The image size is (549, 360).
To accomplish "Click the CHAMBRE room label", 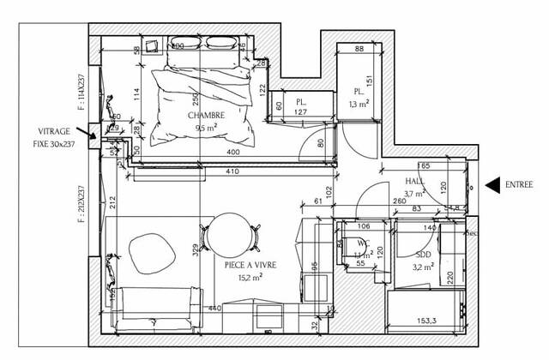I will [209, 116].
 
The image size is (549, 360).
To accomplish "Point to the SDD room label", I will [424, 256].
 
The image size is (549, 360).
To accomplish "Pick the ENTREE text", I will [520, 184].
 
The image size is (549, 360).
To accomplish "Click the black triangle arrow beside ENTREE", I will [492, 184].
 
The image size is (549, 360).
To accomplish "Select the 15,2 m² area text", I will [250, 278].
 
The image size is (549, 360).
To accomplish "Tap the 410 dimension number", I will [232, 171].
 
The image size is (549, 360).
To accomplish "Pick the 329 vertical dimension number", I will [196, 250].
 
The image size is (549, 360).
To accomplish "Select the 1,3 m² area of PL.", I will [359, 104].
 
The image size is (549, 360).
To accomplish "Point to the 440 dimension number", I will [214, 308].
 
